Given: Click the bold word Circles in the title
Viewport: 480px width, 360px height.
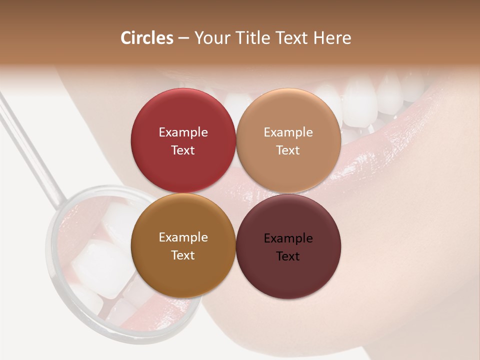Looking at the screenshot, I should (147, 38).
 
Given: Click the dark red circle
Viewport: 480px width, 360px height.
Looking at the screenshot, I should (183, 115).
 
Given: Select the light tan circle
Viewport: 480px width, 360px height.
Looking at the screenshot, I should (288, 115).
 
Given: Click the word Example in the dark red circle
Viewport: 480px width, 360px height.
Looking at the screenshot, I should (183, 132).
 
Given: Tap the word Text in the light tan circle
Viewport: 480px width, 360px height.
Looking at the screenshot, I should (288, 150).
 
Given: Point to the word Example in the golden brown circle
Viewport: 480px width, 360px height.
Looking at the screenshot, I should (183, 237).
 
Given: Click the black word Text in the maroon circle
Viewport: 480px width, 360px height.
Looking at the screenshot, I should (288, 256).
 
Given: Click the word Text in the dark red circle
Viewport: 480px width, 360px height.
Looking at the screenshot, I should (183, 150).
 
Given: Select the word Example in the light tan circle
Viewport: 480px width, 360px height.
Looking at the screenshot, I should (288, 132).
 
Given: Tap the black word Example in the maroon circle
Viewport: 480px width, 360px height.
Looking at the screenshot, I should (288, 238).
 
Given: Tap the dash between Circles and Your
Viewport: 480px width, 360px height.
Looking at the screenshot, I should (183, 38).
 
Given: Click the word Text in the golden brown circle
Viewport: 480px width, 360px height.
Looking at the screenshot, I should (183, 255).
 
